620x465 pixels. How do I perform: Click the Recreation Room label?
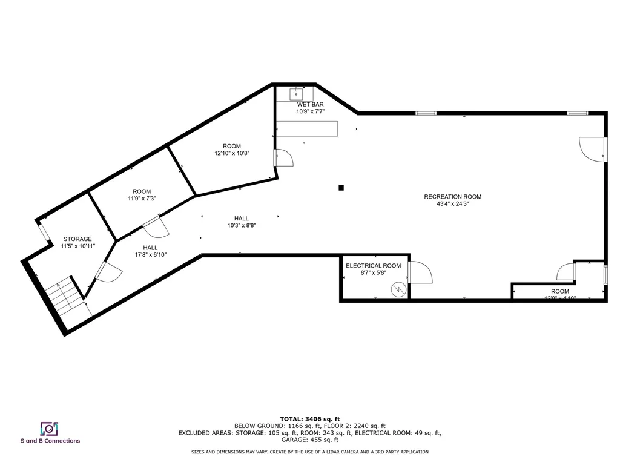coord(452,197)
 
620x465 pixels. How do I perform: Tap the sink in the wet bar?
coord(297,94)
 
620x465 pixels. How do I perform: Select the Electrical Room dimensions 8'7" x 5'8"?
coord(373,273)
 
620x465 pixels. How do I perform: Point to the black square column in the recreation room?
coord(341,188)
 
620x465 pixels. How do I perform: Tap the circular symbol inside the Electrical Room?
coord(398,289)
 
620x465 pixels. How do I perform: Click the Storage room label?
coord(77,239)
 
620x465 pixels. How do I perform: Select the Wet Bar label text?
coord(310,104)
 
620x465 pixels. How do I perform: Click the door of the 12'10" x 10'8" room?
coord(283,157)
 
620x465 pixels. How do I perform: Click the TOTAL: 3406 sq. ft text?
coord(309,419)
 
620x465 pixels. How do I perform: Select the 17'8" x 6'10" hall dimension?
coord(150,255)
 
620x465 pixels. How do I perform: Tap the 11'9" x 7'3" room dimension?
coord(142,199)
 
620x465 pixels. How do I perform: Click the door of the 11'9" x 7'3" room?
coord(156,227)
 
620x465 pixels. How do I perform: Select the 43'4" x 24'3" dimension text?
coord(452,204)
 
